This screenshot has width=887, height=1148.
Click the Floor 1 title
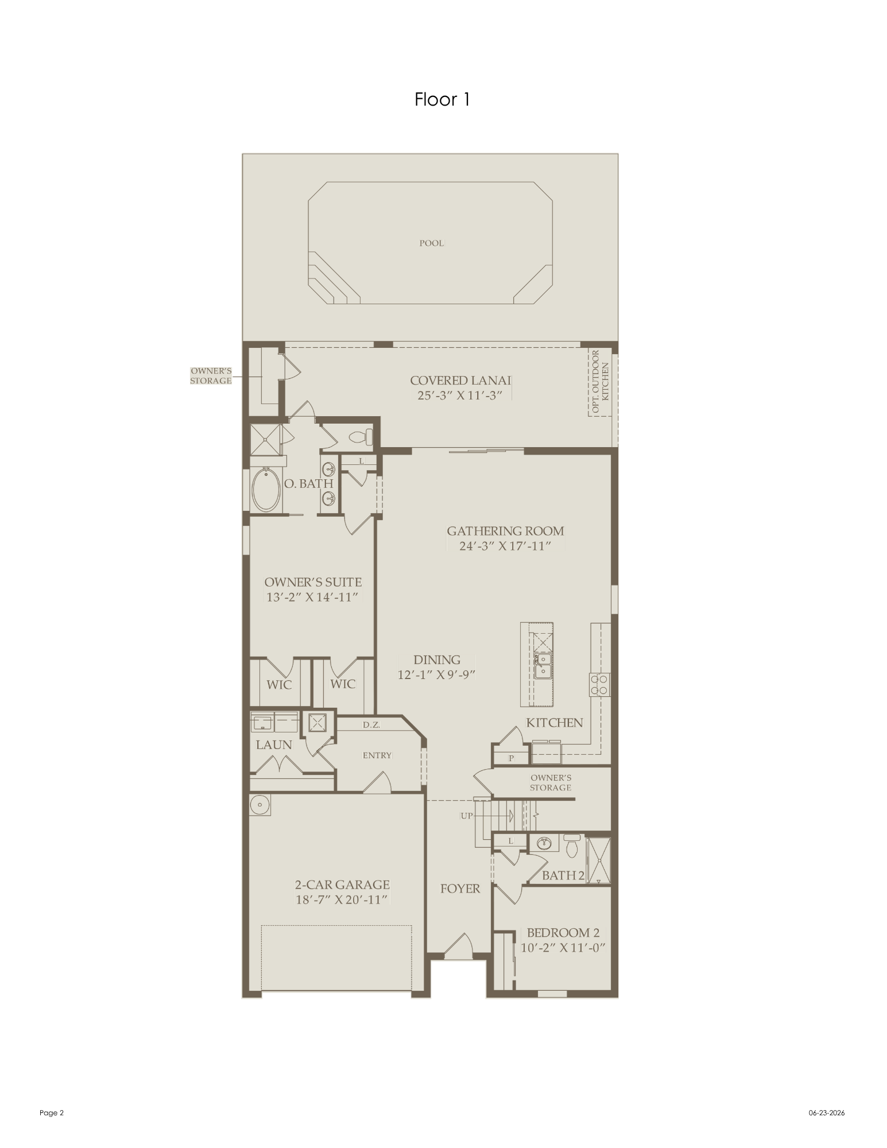click(x=442, y=100)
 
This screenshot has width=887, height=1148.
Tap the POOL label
click(x=431, y=243)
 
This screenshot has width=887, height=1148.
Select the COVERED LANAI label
click(x=460, y=380)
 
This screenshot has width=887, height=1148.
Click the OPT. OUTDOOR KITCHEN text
click(x=600, y=381)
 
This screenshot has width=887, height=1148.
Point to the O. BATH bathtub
click(x=266, y=490)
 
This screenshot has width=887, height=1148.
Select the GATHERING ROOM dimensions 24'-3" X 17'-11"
click(x=505, y=546)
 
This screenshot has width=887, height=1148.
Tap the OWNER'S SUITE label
click(x=313, y=582)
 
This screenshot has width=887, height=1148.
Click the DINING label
click(x=437, y=660)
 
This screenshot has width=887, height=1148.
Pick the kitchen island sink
click(x=543, y=666)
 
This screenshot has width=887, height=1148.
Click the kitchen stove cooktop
click(x=600, y=684)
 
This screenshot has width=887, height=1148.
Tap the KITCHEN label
click(x=555, y=723)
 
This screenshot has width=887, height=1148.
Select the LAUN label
click(x=274, y=745)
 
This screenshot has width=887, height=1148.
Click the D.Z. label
click(x=371, y=725)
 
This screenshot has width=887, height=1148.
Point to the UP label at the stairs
click(x=467, y=816)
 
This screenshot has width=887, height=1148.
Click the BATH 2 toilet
click(x=572, y=847)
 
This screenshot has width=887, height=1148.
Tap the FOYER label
click(x=460, y=889)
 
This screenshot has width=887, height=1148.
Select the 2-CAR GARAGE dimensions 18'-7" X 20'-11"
click(x=342, y=899)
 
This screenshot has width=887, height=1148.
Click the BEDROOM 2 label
click(x=563, y=933)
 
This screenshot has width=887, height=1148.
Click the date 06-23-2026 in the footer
click(x=827, y=1113)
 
